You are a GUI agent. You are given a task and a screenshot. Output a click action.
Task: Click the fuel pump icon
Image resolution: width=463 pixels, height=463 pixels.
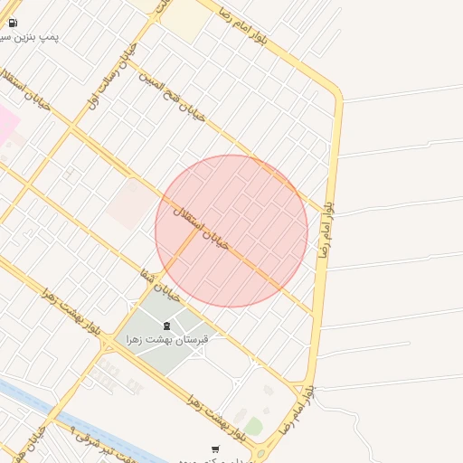[13, 24]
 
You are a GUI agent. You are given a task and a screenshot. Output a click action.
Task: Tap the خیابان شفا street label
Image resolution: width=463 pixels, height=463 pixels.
[163, 285]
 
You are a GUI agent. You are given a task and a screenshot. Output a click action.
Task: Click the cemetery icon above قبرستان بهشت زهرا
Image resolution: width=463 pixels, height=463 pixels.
[165, 326]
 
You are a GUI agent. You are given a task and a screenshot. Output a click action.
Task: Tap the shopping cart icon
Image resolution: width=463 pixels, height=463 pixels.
[214, 449]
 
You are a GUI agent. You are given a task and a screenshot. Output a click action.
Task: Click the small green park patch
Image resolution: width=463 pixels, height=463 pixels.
[253, 426]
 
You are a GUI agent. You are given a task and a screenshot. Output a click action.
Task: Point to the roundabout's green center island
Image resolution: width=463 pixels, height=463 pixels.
[261, 453]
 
